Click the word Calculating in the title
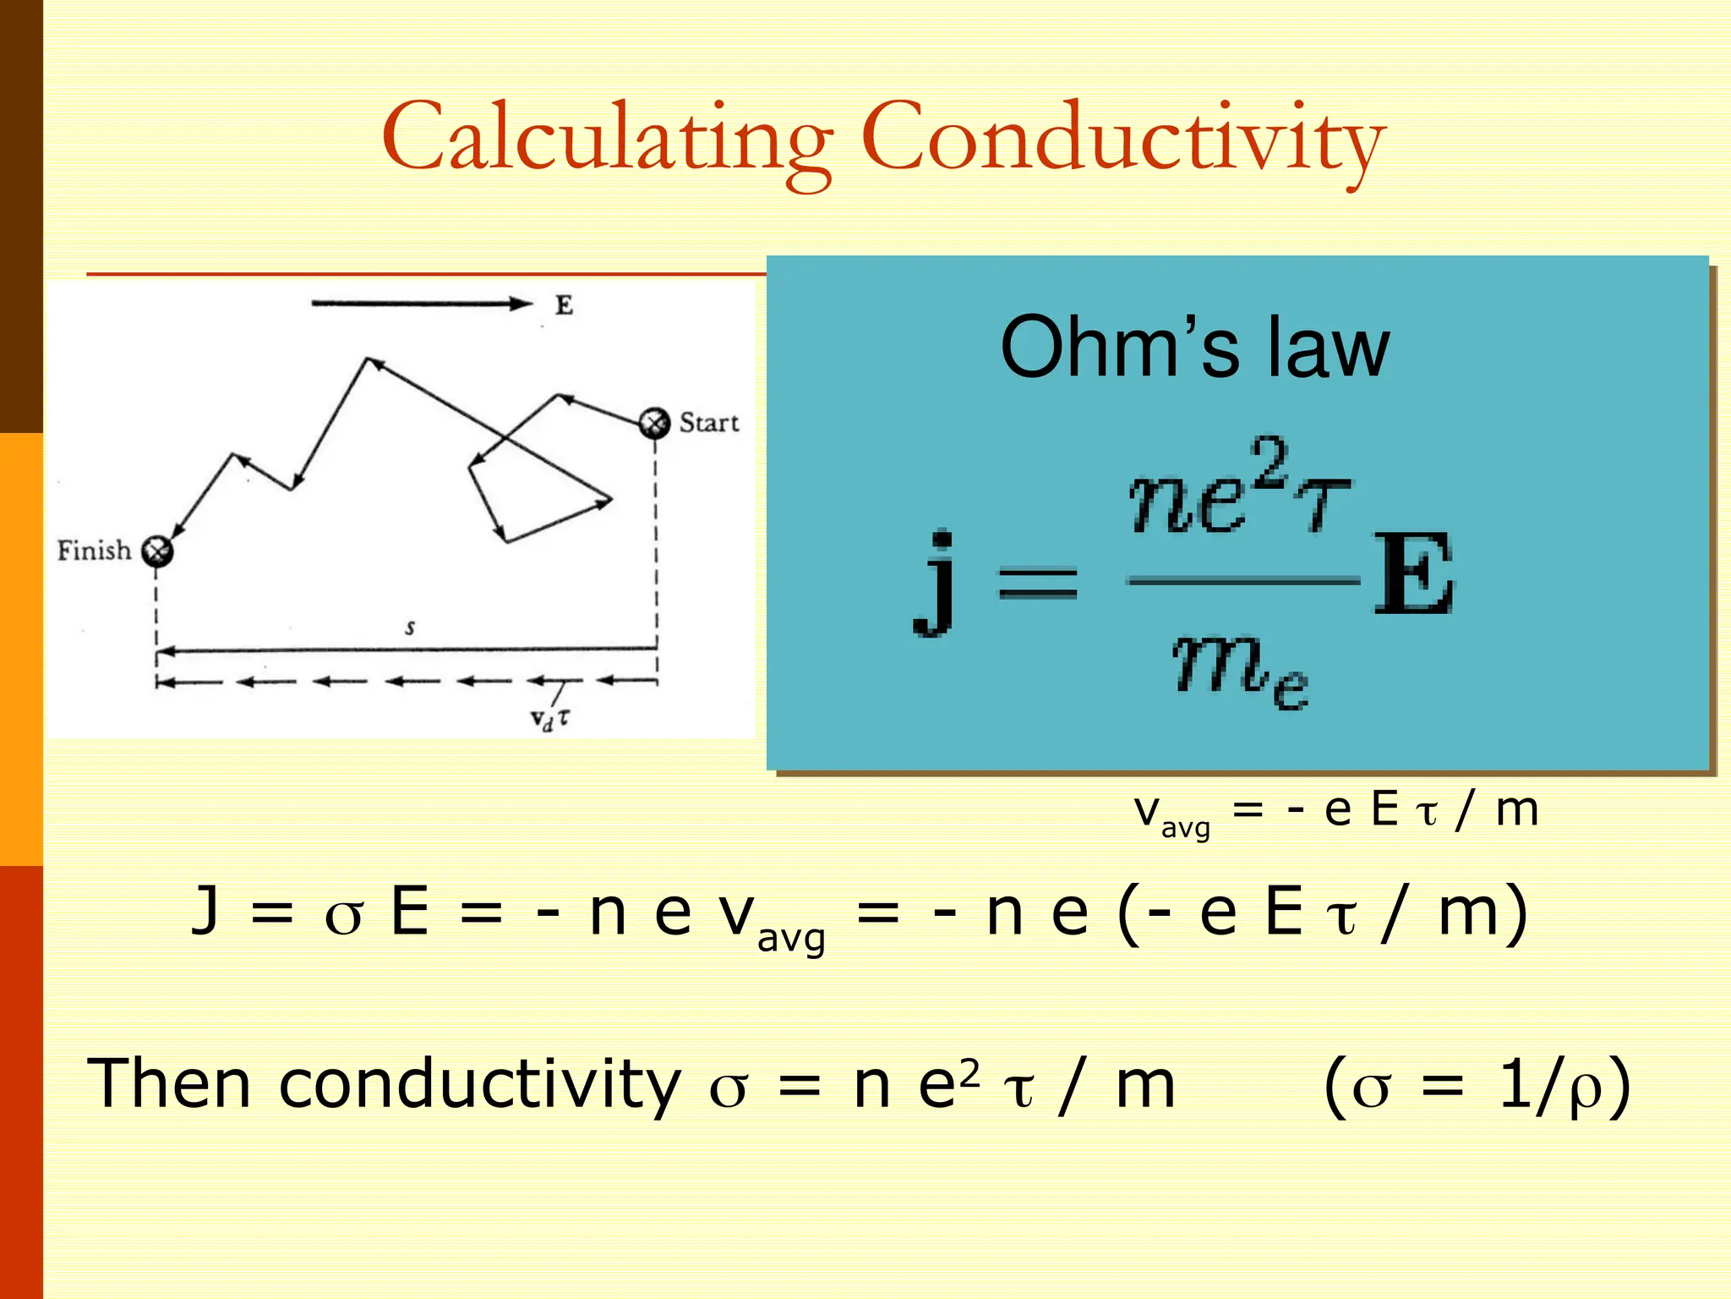click(x=607, y=139)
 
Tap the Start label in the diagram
click(x=708, y=422)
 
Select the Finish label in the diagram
click(x=94, y=551)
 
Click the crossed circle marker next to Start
click(x=653, y=423)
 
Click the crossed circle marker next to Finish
click(x=156, y=551)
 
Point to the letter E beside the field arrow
click(x=564, y=305)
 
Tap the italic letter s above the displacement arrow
click(x=410, y=628)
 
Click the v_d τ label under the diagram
click(x=549, y=719)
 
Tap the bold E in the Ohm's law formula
click(x=1413, y=575)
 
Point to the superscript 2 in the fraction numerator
click(x=1270, y=461)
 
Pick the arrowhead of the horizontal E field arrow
click(x=521, y=304)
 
